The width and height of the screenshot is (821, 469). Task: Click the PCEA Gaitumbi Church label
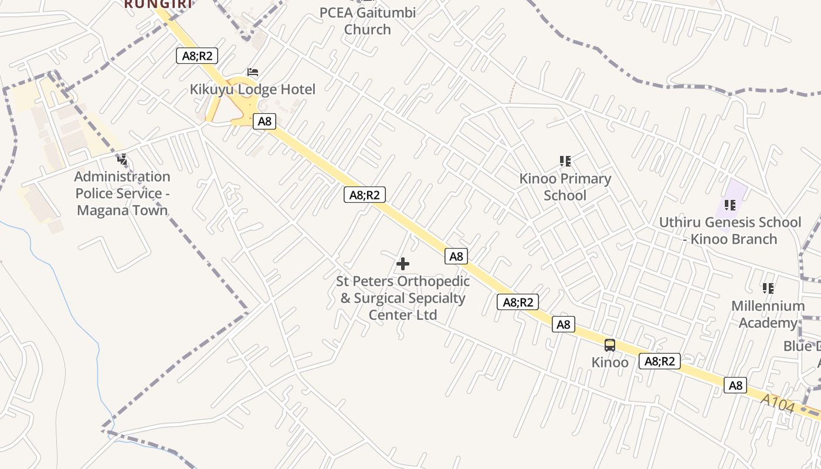(368, 21)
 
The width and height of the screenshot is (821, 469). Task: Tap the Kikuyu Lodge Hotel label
(252, 89)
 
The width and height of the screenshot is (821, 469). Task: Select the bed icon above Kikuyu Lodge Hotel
(253, 72)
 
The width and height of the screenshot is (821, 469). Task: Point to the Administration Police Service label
(122, 193)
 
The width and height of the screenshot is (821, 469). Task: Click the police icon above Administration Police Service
(122, 159)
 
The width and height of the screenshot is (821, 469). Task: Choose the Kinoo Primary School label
(565, 187)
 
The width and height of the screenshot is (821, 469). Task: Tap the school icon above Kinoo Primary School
(565, 161)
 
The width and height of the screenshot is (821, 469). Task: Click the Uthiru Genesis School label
(730, 230)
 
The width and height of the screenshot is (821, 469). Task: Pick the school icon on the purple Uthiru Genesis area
(730, 205)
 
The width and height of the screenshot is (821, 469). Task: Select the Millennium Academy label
(768, 314)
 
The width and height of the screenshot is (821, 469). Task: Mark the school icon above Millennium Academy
(768, 288)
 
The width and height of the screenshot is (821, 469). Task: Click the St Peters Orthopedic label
(403, 298)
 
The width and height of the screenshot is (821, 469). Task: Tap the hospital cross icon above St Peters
(403, 264)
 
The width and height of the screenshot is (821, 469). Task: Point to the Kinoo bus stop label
(610, 362)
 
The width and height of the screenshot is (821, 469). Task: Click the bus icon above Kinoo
(610, 345)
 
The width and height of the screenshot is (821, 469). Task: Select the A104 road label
(778, 403)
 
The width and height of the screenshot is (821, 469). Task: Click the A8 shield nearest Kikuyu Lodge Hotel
(264, 121)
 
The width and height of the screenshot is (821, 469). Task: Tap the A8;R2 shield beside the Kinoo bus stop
(660, 361)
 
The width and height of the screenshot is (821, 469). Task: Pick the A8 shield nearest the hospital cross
(456, 256)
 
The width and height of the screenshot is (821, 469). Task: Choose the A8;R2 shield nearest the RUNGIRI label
(197, 56)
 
